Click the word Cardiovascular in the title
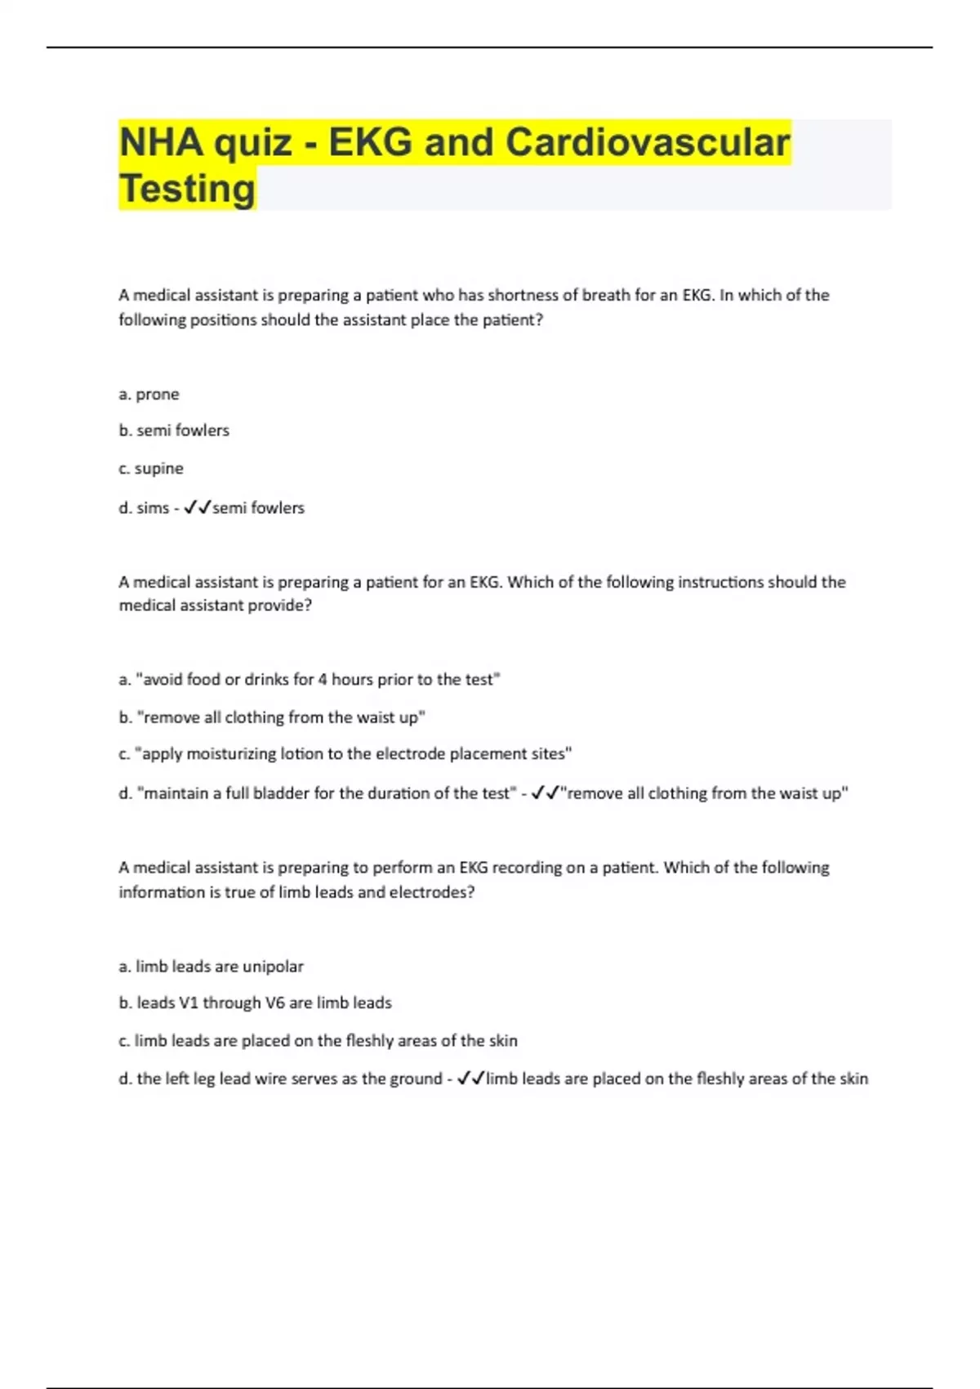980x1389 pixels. coord(648,142)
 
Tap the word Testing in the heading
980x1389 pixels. coord(187,189)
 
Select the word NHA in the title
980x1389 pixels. coord(161,142)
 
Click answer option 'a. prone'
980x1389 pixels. coord(149,395)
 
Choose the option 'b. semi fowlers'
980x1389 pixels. coord(174,431)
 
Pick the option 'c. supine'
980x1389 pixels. coord(151,469)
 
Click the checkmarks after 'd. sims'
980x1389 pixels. coord(198,508)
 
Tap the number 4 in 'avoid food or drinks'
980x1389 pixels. coord(323,680)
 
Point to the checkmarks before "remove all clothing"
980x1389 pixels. coord(545,793)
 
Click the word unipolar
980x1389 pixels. coord(273,967)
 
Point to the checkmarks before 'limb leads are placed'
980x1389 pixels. coord(471,1079)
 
